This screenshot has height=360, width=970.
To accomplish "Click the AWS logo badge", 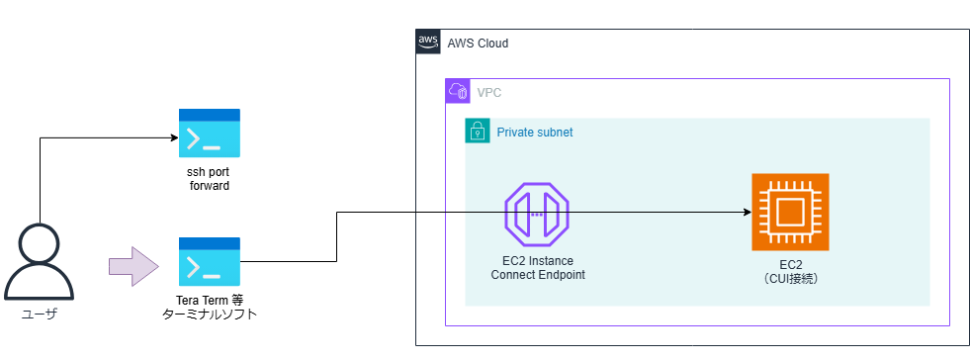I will click(428, 43).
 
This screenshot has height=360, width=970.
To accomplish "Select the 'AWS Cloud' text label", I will click(478, 45).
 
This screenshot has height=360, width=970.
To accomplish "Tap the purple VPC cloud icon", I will click(458, 92).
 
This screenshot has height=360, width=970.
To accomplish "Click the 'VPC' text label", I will click(488, 93).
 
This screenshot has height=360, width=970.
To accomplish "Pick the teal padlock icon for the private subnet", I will click(478, 132).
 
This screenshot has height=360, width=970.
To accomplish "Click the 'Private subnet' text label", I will click(535, 132).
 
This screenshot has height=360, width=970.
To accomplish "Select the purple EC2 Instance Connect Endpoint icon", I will click(537, 214).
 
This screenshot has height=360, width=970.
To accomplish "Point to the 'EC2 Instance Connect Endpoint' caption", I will click(538, 267).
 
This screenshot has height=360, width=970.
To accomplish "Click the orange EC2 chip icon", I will click(790, 213).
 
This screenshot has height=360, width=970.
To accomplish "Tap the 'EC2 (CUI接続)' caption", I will click(790, 272).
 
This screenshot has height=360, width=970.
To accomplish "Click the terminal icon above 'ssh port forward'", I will click(210, 134).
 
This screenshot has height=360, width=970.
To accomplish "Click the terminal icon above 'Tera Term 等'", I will click(210, 262).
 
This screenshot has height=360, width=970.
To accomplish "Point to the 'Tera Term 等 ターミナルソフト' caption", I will click(209, 307).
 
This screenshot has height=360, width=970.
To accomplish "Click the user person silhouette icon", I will click(39, 262).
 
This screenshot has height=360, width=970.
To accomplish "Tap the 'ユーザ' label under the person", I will click(39, 315).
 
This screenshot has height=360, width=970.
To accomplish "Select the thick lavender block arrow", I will click(133, 267).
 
